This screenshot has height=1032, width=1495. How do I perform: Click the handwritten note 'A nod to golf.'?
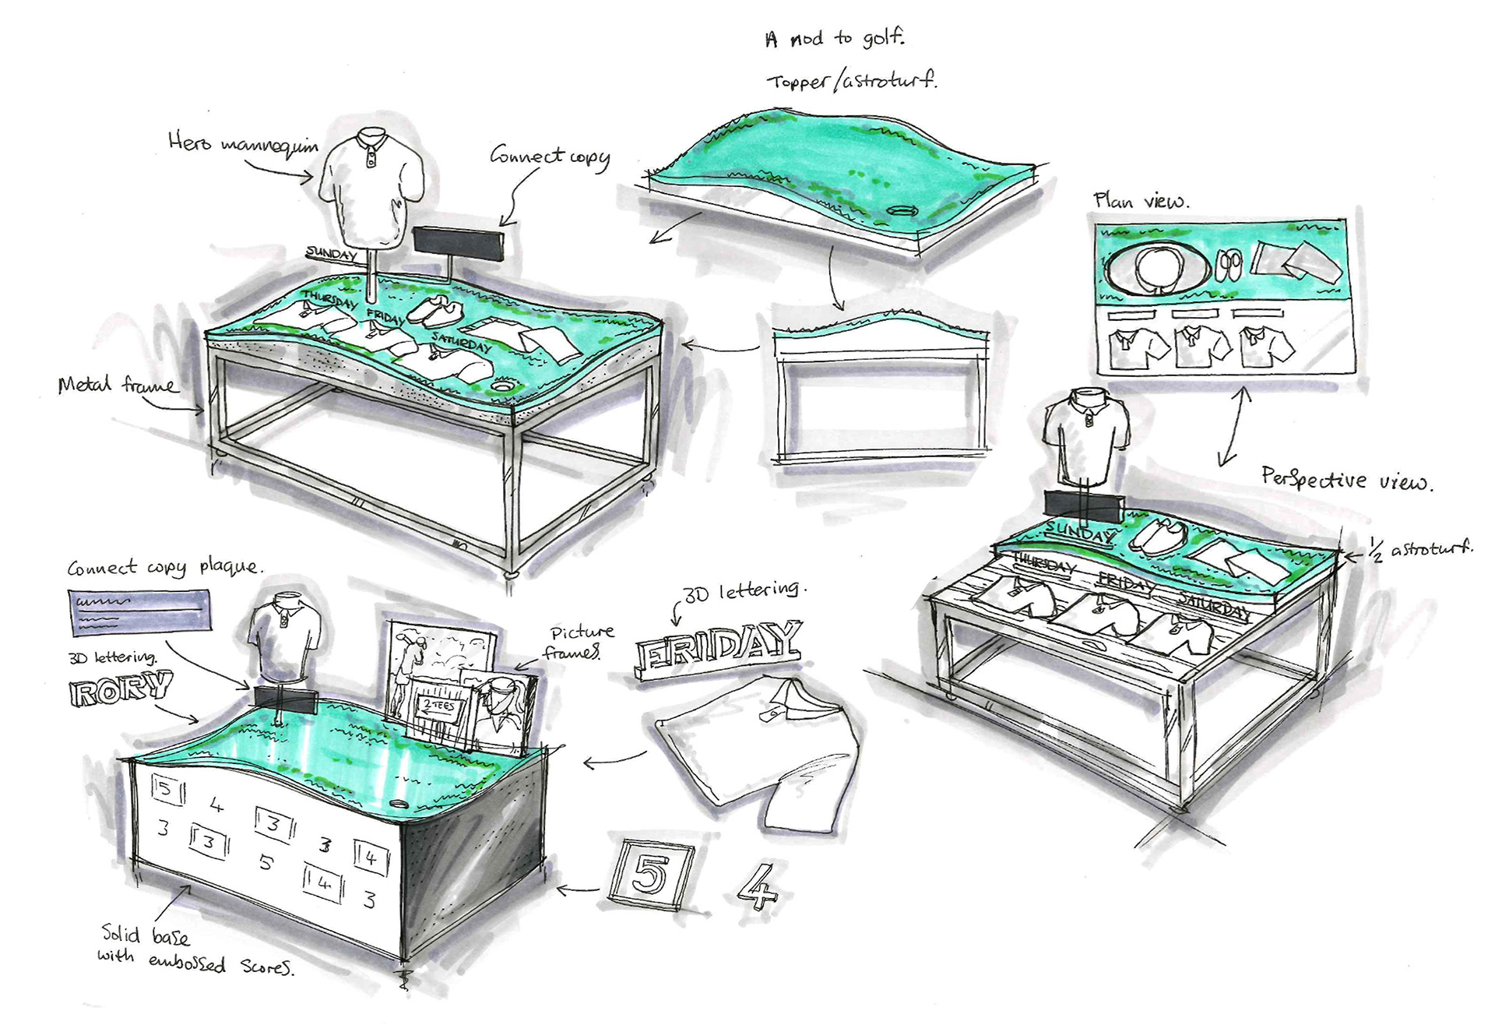click(x=834, y=38)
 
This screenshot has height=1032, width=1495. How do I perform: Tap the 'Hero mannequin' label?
click(x=243, y=143)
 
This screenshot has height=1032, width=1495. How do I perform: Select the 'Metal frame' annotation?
click(x=117, y=385)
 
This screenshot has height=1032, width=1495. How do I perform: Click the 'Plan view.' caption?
click(x=1141, y=201)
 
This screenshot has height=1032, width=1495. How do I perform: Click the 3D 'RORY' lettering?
click(x=121, y=689)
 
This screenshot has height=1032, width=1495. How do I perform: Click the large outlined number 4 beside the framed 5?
click(x=756, y=886)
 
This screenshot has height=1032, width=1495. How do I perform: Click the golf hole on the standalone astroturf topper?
click(x=904, y=211)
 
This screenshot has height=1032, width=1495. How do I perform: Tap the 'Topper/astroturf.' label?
click(x=852, y=80)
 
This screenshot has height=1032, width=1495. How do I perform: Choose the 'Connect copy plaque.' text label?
click(x=165, y=567)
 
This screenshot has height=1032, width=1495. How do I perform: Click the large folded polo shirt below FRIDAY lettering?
click(x=763, y=748)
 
